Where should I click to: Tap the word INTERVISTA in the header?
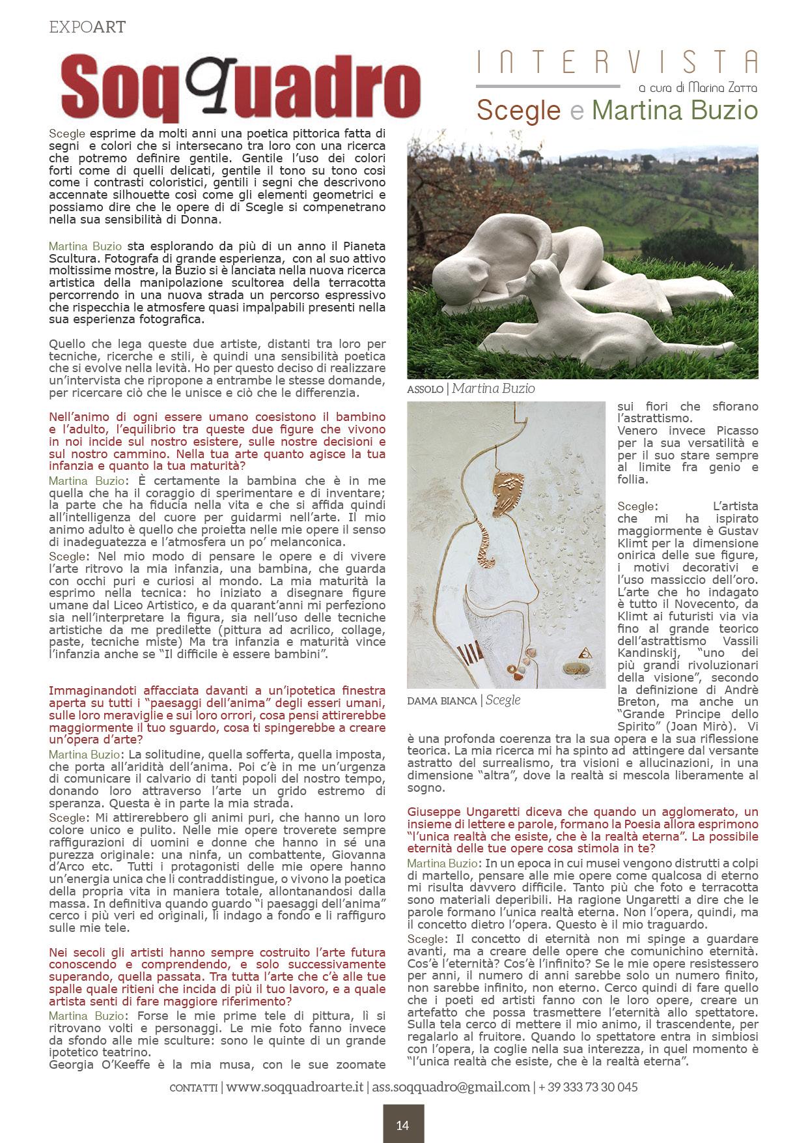[617, 63]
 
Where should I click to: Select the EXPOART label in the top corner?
[87, 27]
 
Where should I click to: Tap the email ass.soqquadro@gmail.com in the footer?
[451, 1087]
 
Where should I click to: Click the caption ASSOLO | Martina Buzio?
[470, 389]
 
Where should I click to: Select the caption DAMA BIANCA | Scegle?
[464, 700]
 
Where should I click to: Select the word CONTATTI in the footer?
[193, 1088]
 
